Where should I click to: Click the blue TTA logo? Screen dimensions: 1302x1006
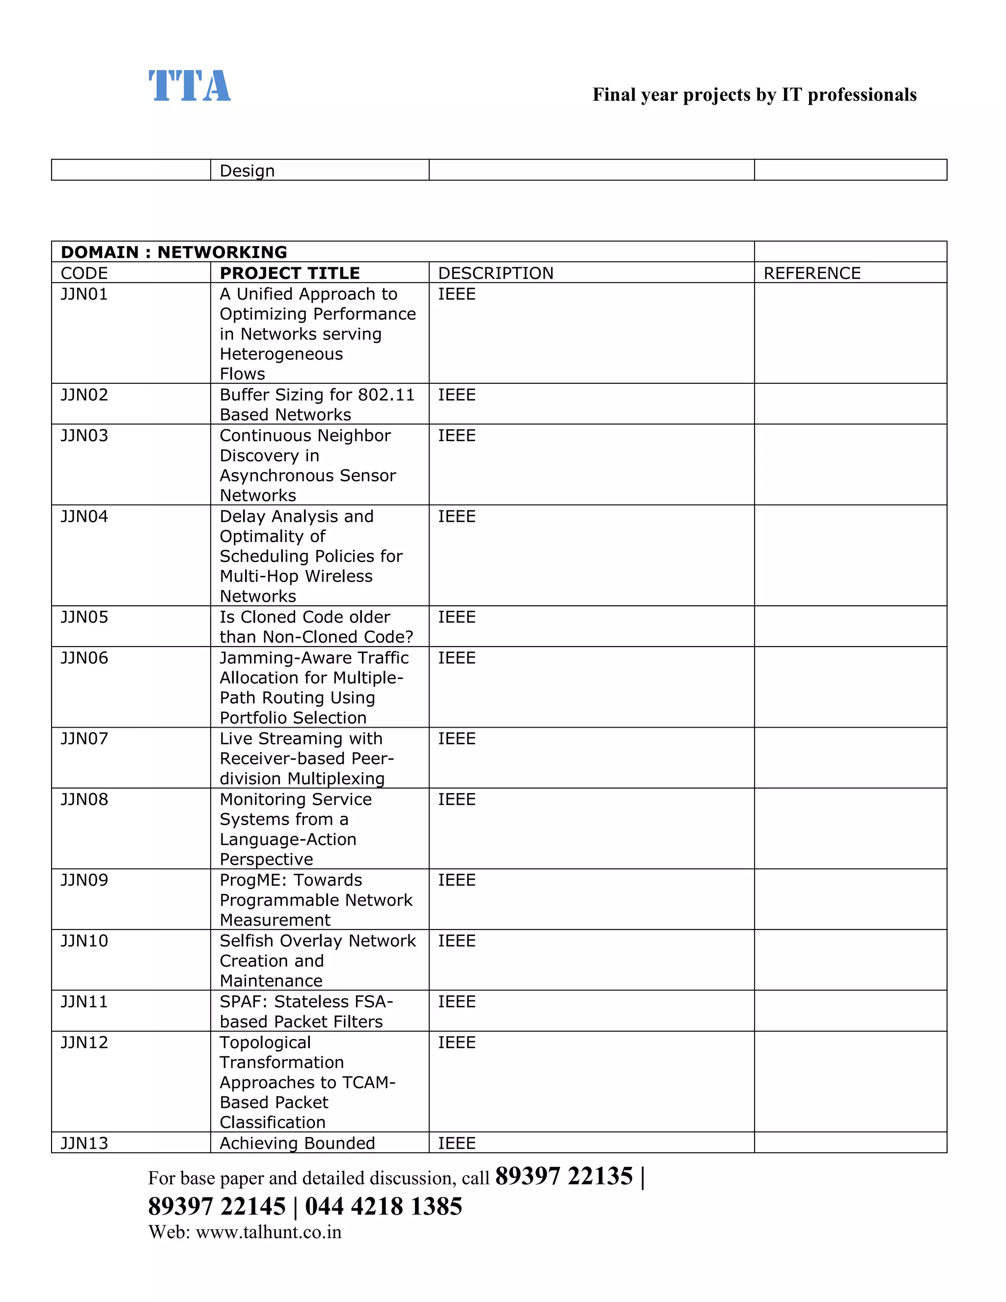pos(190,86)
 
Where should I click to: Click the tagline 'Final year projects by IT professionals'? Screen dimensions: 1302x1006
pos(754,95)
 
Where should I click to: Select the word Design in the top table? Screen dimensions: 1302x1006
pos(247,171)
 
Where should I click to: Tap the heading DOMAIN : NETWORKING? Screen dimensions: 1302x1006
pos(173,252)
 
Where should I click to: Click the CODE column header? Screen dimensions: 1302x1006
pos(84,273)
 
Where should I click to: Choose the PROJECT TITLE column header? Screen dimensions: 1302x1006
pos(290,273)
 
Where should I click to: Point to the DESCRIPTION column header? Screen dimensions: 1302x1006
pos(495,273)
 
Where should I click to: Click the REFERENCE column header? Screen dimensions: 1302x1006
pos(811,273)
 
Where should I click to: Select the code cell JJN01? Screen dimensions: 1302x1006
pos(84,294)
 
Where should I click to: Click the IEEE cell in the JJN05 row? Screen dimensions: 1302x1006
pos(456,617)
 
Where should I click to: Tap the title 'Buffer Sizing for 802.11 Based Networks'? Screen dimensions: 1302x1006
pos(316,404)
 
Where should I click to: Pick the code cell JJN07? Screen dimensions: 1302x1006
pos(84,738)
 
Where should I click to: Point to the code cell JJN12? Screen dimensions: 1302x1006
pos(84,1042)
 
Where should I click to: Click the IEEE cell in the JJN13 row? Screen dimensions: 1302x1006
pos(456,1143)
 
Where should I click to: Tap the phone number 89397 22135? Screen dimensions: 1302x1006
pos(564,1176)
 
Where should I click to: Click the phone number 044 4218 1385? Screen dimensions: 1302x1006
pos(383,1206)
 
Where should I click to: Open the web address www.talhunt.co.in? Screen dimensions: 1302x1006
pos(268,1232)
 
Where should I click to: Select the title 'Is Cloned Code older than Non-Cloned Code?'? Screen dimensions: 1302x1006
pos(316,626)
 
